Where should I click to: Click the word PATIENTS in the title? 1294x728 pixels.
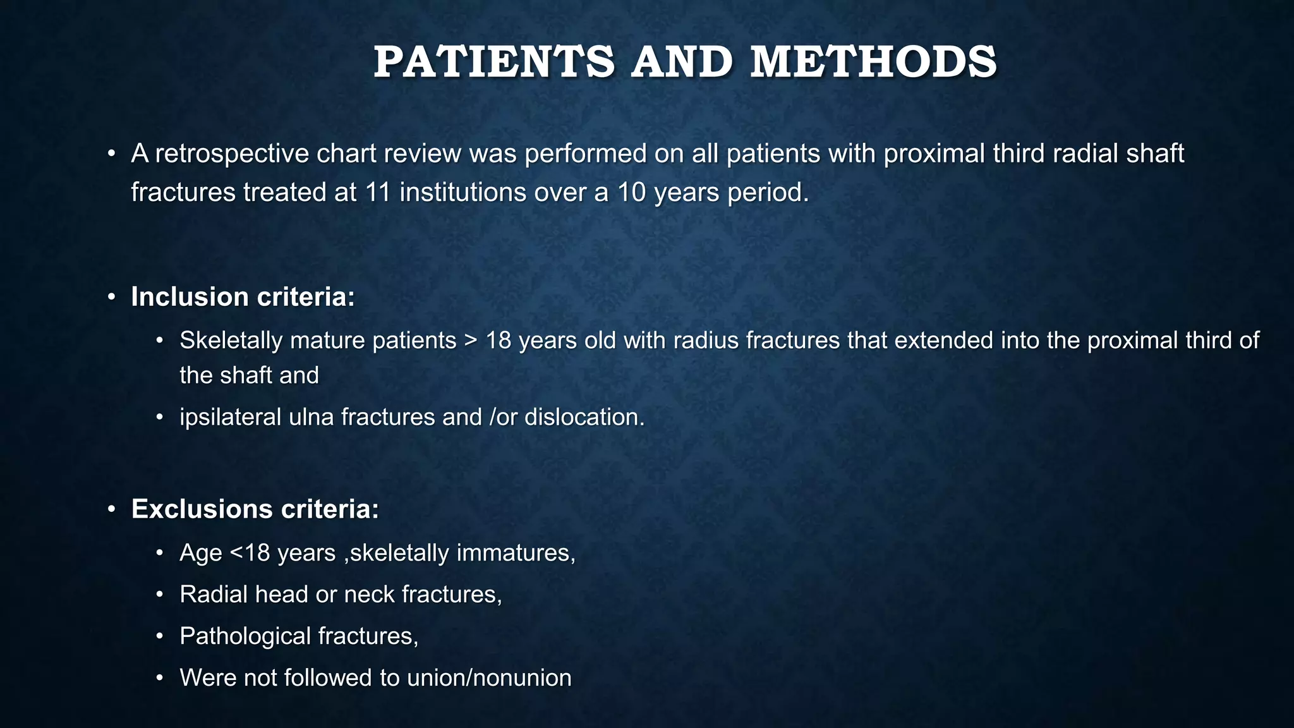[x=493, y=63]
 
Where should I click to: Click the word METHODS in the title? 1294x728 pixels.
[x=873, y=63]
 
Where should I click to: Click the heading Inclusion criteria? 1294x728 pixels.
[x=243, y=297]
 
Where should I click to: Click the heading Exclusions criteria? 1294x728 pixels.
[x=255, y=509]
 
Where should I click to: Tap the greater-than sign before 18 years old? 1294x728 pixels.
[x=471, y=341]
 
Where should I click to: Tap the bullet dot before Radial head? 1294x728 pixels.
[x=160, y=595]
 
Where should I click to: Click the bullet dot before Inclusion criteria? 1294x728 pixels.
[x=111, y=298]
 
